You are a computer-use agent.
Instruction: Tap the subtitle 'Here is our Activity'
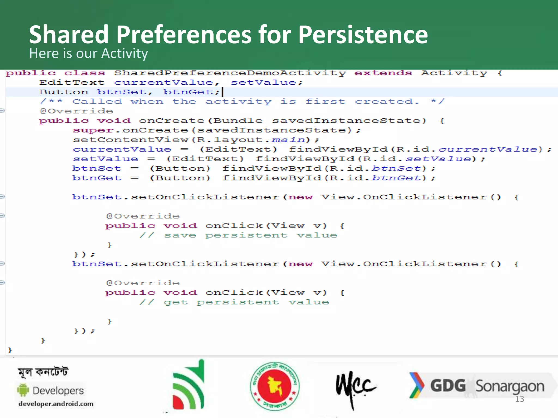click(x=89, y=53)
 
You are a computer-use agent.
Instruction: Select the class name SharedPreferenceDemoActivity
click(x=230, y=73)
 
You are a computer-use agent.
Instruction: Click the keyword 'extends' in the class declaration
click(x=383, y=73)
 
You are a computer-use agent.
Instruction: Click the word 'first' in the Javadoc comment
click(x=325, y=102)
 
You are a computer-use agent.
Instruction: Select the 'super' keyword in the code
click(x=93, y=131)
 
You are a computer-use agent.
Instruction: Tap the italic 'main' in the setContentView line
click(x=289, y=140)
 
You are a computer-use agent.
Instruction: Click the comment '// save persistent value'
click(x=238, y=235)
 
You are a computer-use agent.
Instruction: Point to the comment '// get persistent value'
click(x=234, y=302)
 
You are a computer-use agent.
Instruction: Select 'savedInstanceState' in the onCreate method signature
click(x=349, y=121)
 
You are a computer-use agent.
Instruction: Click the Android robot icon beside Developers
click(x=23, y=390)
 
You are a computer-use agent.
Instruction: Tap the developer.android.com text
click(x=56, y=404)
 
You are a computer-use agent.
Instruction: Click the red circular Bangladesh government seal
click(x=275, y=386)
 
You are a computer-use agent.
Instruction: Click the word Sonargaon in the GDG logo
click(x=510, y=386)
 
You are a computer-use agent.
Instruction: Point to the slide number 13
click(x=520, y=399)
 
